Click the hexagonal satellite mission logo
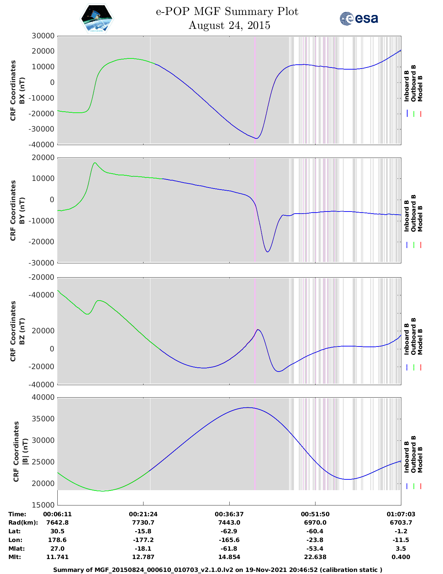click(97, 18)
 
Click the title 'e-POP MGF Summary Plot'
click(227, 11)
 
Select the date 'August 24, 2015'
click(229, 25)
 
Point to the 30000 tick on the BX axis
click(43, 36)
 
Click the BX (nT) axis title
click(22, 90)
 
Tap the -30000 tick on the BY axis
click(41, 263)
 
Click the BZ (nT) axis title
click(22, 331)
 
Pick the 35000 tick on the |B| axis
click(43, 419)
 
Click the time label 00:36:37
click(229, 514)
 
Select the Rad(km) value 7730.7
click(143, 522)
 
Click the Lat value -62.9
click(229, 531)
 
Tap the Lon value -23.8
click(315, 540)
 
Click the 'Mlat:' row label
click(16, 548)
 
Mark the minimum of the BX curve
click(256, 138)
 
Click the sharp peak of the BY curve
click(95, 163)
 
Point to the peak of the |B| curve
click(248, 408)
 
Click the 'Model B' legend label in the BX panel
click(420, 88)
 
